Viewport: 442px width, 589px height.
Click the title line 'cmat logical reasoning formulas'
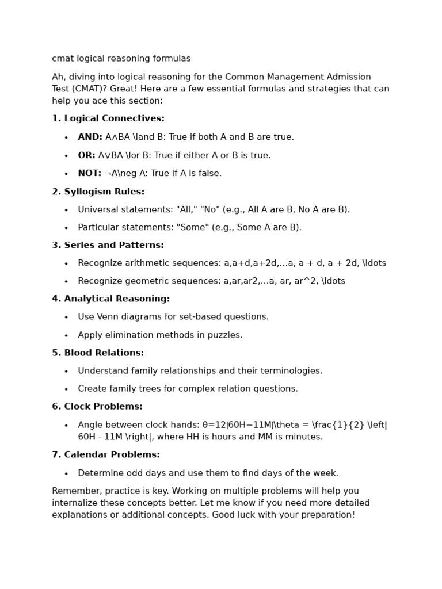tap(121, 59)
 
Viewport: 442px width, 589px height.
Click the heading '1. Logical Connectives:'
tap(108, 118)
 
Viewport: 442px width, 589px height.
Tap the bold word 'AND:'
tap(90, 137)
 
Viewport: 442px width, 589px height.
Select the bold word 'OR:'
tap(87, 155)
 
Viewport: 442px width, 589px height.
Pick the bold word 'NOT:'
tap(89, 173)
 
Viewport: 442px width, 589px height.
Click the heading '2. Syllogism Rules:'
tap(98, 192)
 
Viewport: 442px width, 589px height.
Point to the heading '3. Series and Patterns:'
tap(108, 245)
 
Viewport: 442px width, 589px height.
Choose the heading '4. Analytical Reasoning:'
tap(111, 299)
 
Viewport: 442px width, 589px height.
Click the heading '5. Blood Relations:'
tap(98, 353)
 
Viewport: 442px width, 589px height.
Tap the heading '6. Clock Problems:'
tap(97, 406)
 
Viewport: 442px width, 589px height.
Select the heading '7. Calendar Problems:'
tap(106, 454)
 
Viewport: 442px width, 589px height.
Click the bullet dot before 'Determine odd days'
tap(66, 473)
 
